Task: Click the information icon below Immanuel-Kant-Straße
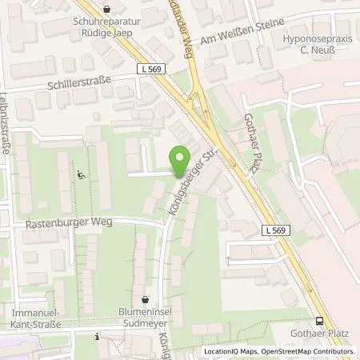96,337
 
